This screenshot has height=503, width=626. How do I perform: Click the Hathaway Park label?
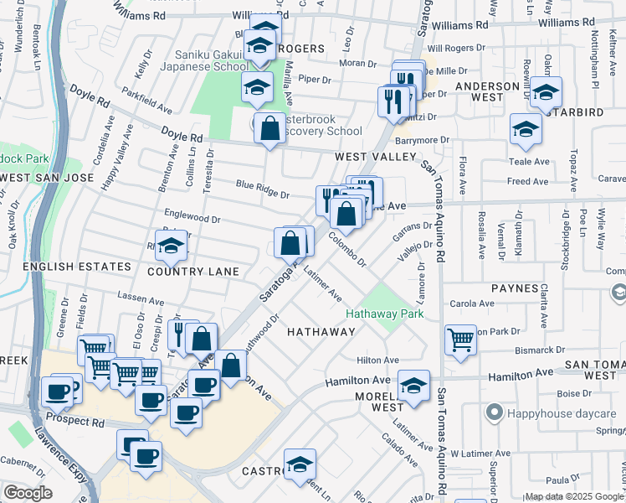385,314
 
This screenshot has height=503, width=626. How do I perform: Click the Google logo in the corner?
28,492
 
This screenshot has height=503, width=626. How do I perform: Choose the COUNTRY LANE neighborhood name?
193,272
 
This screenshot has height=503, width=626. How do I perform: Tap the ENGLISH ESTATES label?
66,267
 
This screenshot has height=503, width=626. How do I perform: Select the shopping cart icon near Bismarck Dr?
459,340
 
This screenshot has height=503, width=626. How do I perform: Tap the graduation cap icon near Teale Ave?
526,129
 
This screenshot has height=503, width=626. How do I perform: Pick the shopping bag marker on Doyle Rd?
269,129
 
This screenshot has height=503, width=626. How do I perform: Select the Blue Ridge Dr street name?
262,189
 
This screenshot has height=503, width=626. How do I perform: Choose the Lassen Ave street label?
141,298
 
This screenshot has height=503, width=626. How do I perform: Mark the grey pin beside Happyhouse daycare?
495,412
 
